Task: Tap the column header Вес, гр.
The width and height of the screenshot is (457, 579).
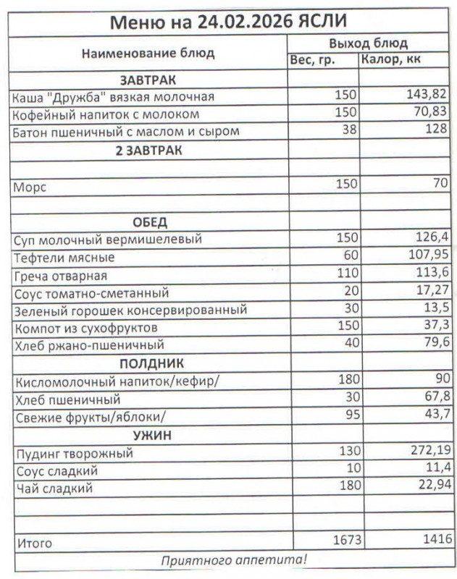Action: (x=312, y=61)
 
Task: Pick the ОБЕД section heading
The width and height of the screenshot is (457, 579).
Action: (x=150, y=221)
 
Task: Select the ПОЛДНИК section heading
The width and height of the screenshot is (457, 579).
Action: (x=149, y=363)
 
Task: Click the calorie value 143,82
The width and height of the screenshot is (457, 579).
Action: (x=427, y=96)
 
